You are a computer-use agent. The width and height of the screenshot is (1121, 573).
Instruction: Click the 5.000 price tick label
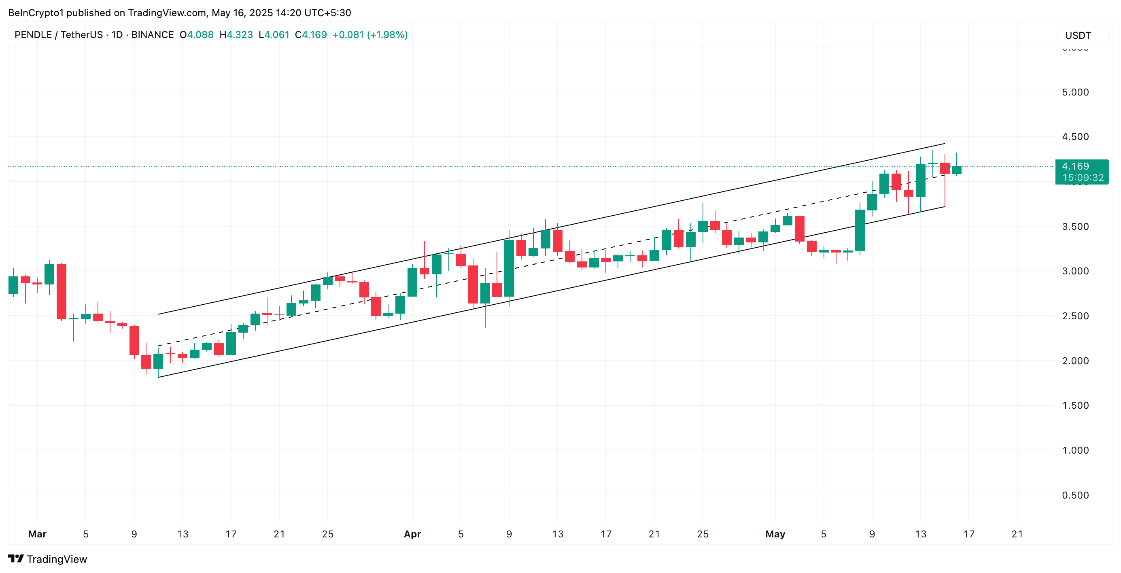tap(1075, 92)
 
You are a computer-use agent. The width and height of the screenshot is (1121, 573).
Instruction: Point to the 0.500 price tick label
tap(1075, 495)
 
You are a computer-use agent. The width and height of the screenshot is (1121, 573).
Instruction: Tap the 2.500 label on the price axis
tap(1075, 316)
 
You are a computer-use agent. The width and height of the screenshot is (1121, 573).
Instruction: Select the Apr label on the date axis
tap(412, 534)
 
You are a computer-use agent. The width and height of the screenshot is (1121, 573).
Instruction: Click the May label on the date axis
tap(775, 534)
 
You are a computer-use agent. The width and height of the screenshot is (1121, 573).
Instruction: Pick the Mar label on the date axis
tap(37, 534)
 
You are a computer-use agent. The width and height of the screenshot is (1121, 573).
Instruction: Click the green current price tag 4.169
tap(1075, 166)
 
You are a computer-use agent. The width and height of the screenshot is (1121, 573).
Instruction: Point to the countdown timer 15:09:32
tap(1083, 178)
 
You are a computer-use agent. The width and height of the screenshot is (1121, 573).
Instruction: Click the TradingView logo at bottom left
tap(47, 559)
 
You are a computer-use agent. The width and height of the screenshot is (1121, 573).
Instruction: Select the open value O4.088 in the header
tap(197, 35)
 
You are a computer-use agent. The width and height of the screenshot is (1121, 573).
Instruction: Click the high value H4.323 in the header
tap(236, 35)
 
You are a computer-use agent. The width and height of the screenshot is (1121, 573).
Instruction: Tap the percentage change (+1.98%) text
tap(387, 35)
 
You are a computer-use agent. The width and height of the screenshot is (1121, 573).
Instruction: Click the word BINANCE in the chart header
tap(152, 35)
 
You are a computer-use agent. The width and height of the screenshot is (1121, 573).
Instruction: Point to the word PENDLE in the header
tap(33, 35)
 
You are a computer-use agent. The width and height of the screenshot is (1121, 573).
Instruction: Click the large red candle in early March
tap(62, 291)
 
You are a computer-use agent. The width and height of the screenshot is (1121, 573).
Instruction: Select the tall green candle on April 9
tap(509, 268)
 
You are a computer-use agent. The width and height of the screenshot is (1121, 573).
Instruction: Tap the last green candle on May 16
tap(957, 170)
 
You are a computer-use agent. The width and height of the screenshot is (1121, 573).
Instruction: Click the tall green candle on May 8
tap(860, 230)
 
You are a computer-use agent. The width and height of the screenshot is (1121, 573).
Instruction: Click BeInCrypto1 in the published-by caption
tap(36, 13)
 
